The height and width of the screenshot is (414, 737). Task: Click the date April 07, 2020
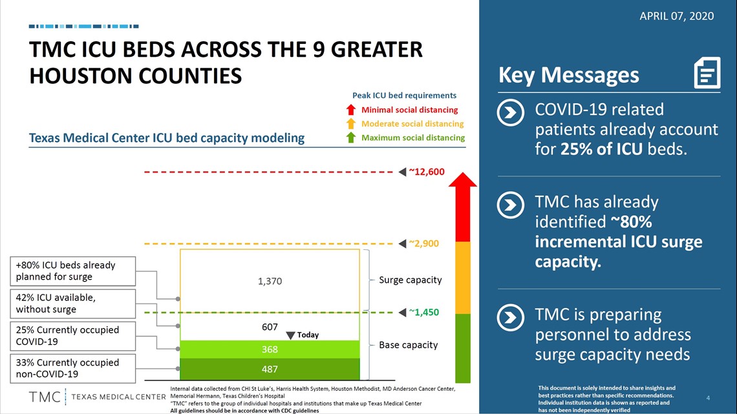coord(676,16)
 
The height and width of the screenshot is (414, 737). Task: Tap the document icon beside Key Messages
coord(707,73)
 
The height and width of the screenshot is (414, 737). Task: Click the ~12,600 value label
coord(426,172)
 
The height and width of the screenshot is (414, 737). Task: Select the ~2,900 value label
coord(423,243)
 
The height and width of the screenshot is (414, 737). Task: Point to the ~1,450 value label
coord(423,312)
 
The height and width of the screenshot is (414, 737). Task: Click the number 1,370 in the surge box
coord(270,281)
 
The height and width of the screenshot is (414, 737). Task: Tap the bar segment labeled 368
coord(270,349)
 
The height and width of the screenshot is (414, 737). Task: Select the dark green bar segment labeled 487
coord(270,369)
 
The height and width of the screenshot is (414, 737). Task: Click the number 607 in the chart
coord(270,327)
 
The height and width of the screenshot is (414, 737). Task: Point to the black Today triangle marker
coord(290,335)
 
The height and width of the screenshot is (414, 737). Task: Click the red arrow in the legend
coord(350,110)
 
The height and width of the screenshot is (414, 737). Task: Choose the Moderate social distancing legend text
coord(412,124)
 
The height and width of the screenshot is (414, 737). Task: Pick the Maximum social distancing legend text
coord(412,138)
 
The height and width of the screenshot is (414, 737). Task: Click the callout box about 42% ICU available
coord(73,304)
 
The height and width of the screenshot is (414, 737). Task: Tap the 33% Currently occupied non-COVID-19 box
coord(73,369)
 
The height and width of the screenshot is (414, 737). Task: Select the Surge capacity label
coord(411,280)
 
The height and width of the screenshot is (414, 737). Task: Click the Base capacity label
coord(408,345)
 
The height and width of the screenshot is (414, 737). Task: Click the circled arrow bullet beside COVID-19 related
coord(511,112)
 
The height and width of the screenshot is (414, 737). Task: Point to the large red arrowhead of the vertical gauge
coord(462,180)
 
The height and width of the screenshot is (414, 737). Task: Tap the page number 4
coord(708,398)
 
